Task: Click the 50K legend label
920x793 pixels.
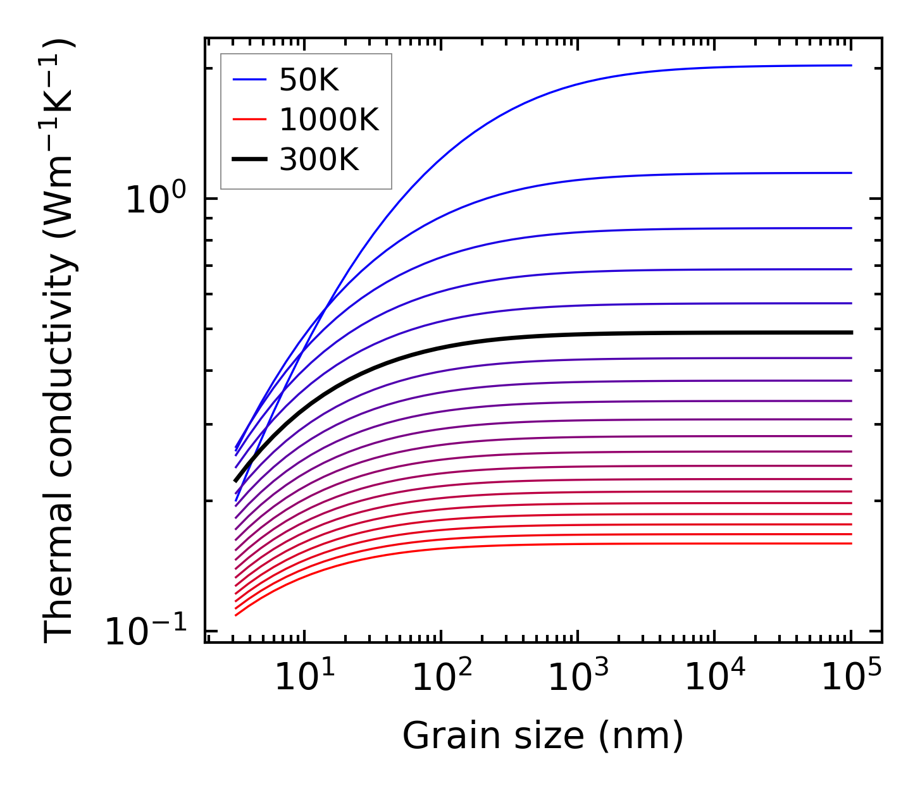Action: click(x=309, y=80)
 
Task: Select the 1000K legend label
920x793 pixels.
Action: click(x=328, y=120)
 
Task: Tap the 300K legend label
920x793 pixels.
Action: click(x=318, y=160)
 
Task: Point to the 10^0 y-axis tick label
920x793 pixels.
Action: click(x=156, y=199)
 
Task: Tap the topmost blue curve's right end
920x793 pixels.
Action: click(x=850, y=65)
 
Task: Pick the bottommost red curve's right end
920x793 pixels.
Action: click(x=850, y=543)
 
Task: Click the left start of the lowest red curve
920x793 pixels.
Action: click(x=236, y=615)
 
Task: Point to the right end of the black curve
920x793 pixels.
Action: click(x=850, y=333)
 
